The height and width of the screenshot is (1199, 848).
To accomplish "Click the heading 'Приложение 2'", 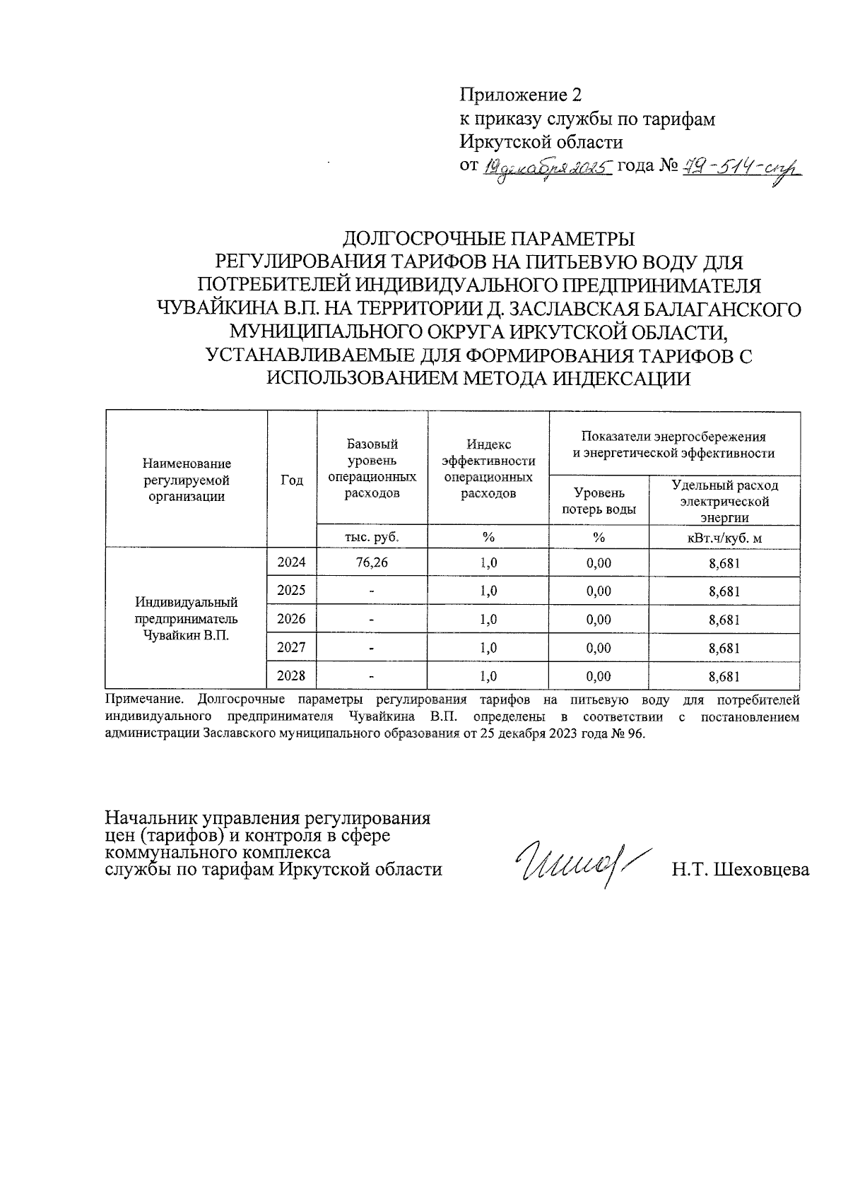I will [x=522, y=95].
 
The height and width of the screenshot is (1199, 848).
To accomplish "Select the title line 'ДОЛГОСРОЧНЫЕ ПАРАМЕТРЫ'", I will [x=488, y=239].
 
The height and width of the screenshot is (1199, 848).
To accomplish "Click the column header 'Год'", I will [x=292, y=480].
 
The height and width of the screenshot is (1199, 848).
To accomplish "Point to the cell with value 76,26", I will [x=372, y=563].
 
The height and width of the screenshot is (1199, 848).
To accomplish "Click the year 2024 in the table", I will [x=292, y=562].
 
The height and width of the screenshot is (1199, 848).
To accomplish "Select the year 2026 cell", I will [x=292, y=619].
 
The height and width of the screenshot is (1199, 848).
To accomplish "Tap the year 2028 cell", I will [x=292, y=675].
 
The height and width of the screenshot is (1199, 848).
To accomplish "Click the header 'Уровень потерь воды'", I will [x=599, y=500].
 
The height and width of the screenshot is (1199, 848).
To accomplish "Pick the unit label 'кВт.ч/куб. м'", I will [x=724, y=538].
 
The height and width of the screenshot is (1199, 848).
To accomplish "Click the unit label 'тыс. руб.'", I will [x=372, y=537].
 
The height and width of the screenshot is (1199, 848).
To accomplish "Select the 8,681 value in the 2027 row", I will [x=724, y=648].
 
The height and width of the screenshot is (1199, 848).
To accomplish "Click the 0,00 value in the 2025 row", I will [x=599, y=591].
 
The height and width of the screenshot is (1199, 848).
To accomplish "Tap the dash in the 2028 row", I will [x=372, y=677].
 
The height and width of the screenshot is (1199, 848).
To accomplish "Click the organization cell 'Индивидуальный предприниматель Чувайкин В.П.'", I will [x=187, y=619].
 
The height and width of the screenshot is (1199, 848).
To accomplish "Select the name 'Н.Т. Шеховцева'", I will [x=740, y=870].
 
